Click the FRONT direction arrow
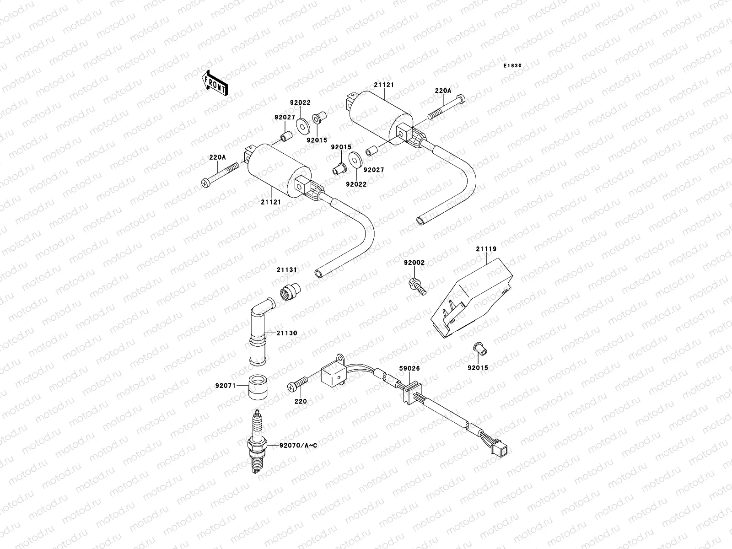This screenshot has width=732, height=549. pos(215,83)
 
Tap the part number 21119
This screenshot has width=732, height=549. pos(486,249)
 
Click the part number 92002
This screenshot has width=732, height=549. pos(414,263)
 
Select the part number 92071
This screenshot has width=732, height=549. pos(225,386)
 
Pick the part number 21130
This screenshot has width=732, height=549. pos(287,333)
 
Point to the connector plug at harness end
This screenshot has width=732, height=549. pos(504,450)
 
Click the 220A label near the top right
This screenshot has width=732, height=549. pos(443,91)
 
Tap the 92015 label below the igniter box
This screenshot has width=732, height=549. pos(478,367)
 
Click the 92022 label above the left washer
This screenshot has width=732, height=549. pos(300,103)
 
